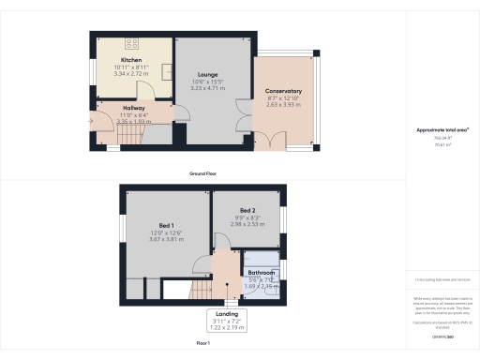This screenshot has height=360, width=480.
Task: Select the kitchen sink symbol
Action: [166, 70]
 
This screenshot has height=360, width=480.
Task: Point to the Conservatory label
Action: [284, 91]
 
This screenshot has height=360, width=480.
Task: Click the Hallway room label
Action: [130, 109]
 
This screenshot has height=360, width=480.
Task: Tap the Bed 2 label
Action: [246, 211]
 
